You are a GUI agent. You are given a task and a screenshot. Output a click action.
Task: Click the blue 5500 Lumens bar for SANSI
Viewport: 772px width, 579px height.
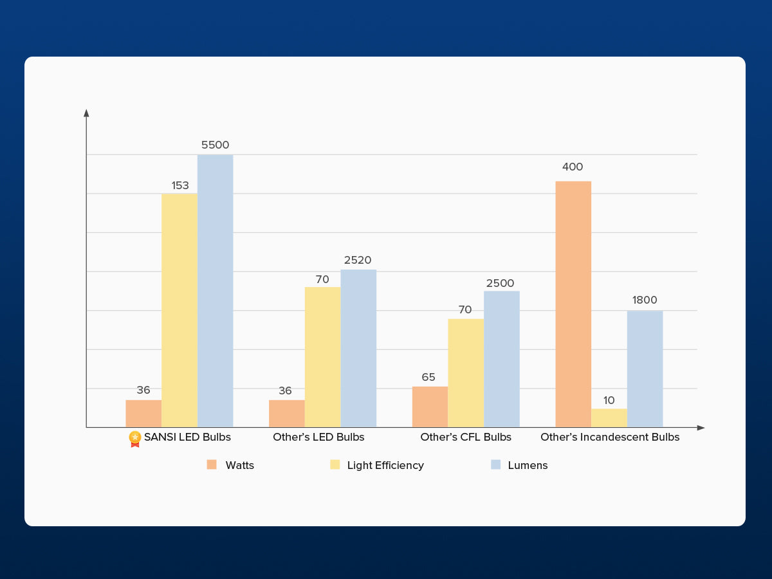[215, 291]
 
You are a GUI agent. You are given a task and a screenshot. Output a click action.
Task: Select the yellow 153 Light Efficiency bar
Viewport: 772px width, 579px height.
[179, 310]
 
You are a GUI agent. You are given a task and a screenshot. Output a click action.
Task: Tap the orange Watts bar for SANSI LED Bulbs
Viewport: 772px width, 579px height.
[143, 414]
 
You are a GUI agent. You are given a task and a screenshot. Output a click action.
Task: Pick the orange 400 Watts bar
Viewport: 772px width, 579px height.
[573, 304]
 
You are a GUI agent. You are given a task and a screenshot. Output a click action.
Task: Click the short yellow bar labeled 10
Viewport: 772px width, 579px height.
[609, 418]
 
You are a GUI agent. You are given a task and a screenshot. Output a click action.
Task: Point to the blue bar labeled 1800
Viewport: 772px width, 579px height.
[645, 369]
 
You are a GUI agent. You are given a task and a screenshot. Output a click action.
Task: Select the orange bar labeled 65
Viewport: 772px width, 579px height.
[430, 407]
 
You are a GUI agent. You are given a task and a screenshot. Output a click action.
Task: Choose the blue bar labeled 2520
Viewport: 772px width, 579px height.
[358, 348]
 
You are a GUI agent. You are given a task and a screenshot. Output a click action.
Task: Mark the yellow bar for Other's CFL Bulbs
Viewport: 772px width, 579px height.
[466, 372]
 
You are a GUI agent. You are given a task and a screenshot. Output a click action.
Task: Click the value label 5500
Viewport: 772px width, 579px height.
[215, 145]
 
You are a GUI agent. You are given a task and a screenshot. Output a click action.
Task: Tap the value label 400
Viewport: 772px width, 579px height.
[573, 167]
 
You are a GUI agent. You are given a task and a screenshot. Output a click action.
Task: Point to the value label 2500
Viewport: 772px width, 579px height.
[501, 284]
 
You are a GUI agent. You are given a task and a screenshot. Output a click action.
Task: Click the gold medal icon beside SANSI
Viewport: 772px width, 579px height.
[135, 438]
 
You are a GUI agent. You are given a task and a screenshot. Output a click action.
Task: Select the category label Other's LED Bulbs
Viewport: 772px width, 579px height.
[318, 437]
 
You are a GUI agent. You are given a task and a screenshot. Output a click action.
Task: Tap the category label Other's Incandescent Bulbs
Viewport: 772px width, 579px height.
[610, 437]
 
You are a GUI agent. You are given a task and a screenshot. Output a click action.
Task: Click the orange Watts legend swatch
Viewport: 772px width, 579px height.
[212, 464]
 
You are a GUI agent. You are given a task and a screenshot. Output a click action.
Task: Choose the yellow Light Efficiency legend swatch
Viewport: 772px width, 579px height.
[335, 464]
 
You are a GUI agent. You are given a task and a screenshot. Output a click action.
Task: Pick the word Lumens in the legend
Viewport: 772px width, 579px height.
[528, 465]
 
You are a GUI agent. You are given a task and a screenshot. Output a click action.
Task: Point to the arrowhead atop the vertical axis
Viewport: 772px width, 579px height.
[86, 113]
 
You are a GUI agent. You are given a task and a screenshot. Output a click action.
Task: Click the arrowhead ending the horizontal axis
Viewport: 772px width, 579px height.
[701, 428]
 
